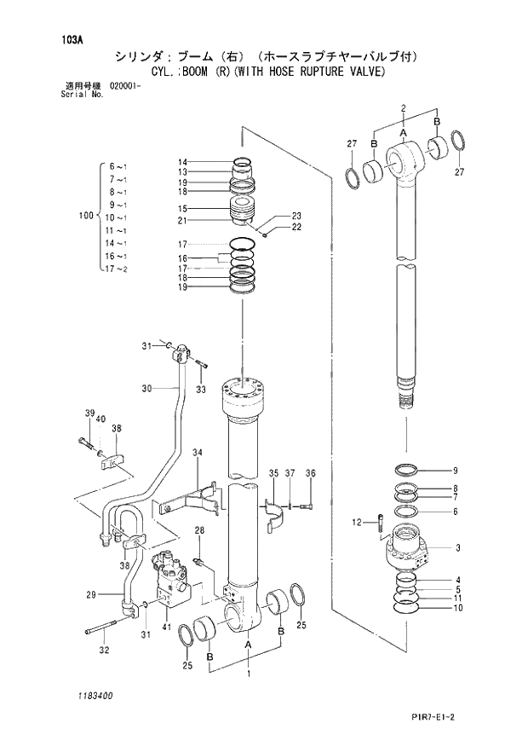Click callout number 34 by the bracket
click(x=197, y=452)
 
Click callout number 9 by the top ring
click(x=455, y=471)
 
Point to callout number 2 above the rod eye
click(x=403, y=107)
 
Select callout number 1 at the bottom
click(x=248, y=674)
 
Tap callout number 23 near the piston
click(x=296, y=215)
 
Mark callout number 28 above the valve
click(x=199, y=531)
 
